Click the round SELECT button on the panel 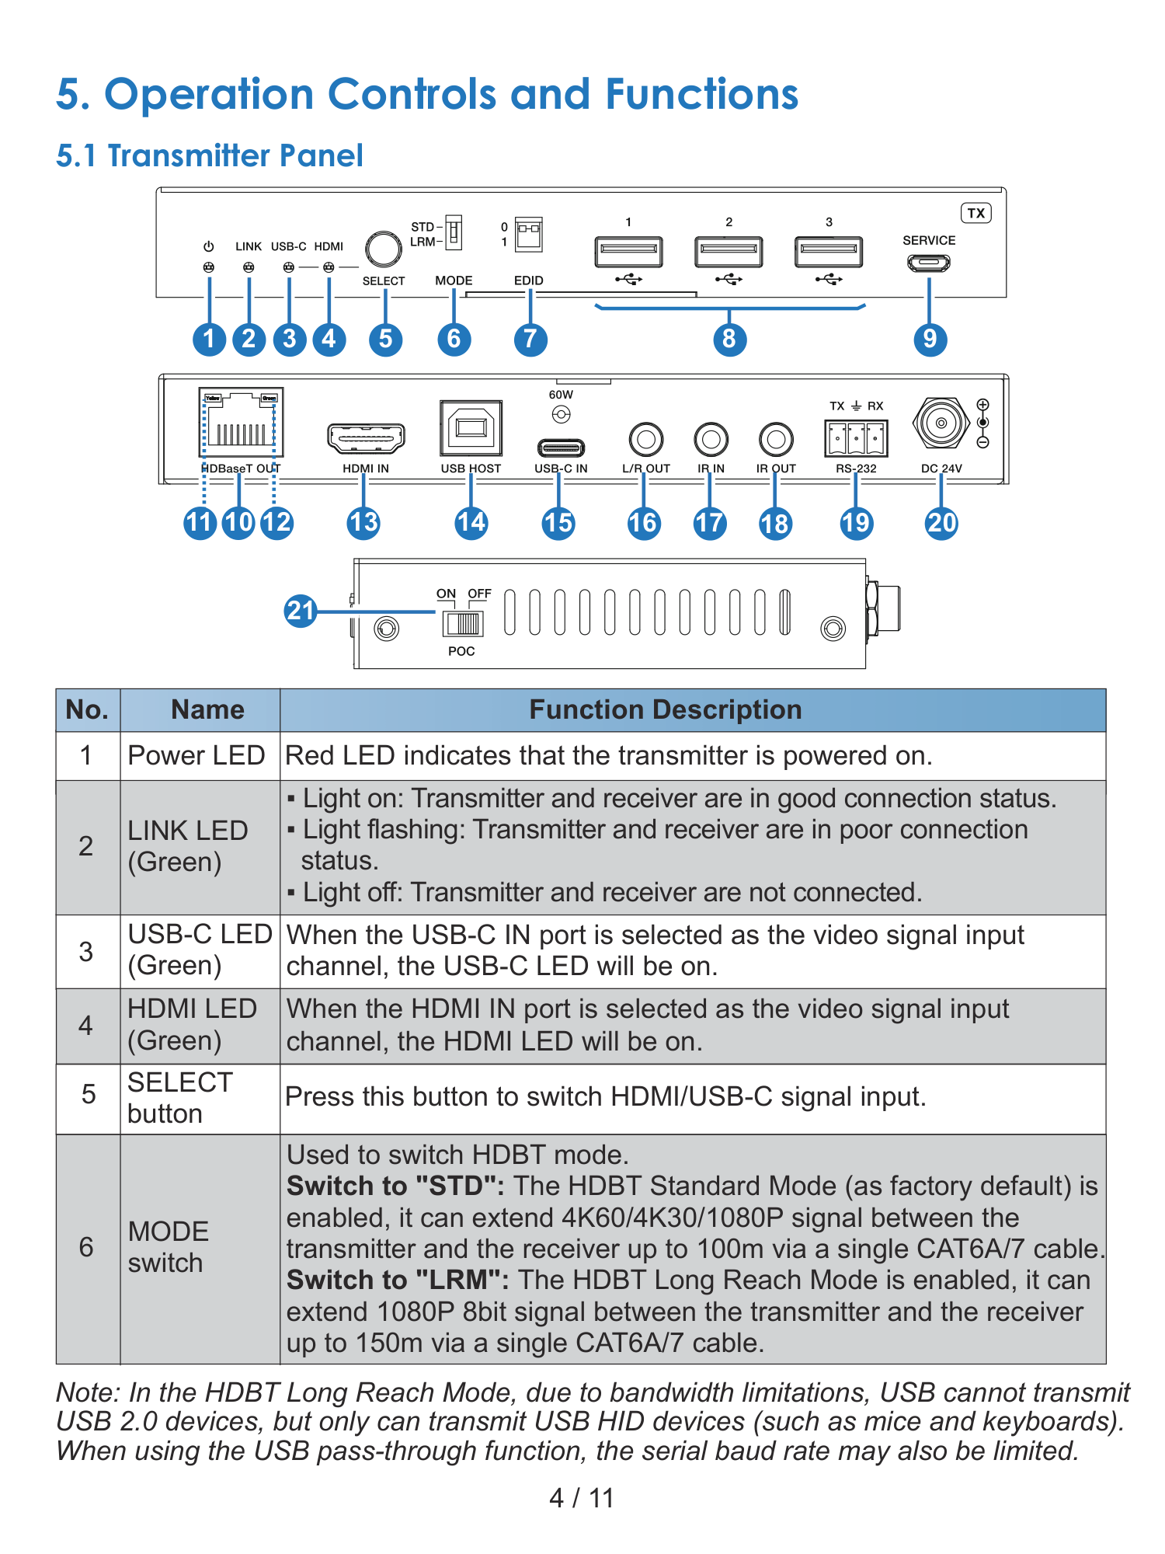click(384, 249)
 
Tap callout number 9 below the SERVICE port click(930, 339)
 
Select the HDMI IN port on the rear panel click(366, 438)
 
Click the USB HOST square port click(471, 428)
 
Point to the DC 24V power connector click(941, 423)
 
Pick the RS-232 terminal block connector click(856, 438)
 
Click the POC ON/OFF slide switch click(463, 623)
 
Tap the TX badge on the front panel click(976, 213)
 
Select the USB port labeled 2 click(729, 252)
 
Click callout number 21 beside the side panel click(301, 611)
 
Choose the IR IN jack click(711, 439)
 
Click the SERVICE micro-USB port click(929, 263)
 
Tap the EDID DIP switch click(529, 234)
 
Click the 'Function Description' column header click(666, 709)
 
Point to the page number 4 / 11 click(582, 1497)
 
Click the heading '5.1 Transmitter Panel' click(210, 156)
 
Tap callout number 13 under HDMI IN click(363, 522)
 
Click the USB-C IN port click(561, 448)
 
